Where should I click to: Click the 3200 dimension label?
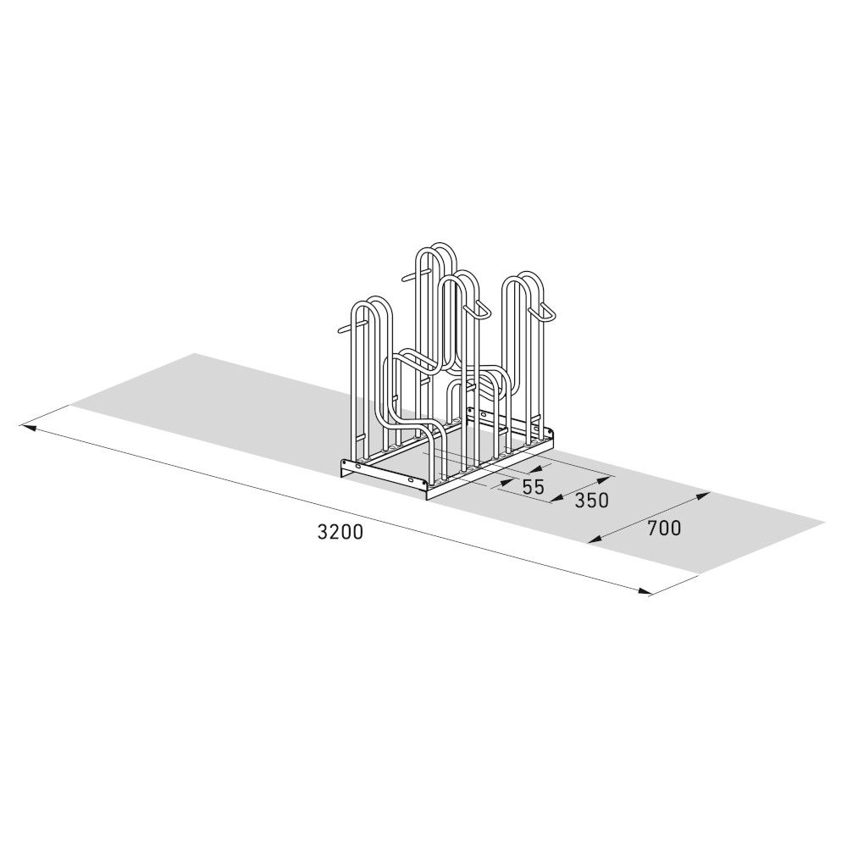coord(340,532)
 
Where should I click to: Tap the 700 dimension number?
coord(664,529)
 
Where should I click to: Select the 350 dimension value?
coord(591,500)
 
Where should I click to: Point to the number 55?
coord(533,487)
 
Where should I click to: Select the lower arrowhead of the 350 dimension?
coord(555,500)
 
